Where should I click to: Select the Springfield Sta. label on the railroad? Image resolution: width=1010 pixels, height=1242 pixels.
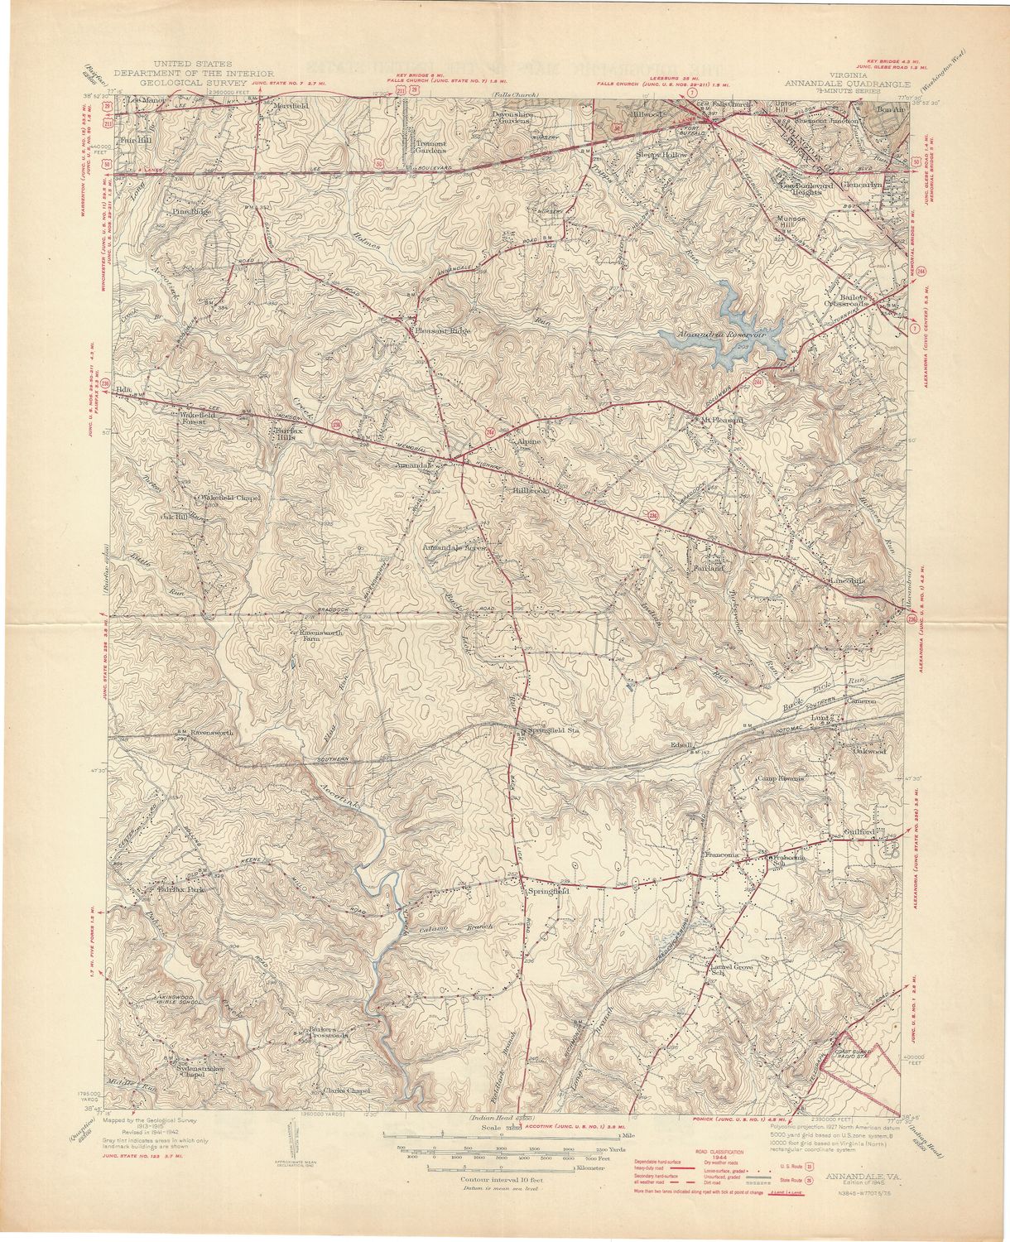point(552,732)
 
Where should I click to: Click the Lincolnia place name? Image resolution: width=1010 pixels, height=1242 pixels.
point(847,580)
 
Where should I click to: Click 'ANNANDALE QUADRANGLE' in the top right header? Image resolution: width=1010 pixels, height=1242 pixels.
point(849,84)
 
